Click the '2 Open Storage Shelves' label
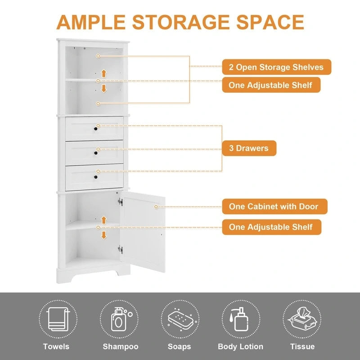coord(276,67)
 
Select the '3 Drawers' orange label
coord(249,148)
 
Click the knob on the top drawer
coord(96,130)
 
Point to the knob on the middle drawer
coord(96,153)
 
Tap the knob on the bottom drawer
coord(96,177)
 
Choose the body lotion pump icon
coord(240,319)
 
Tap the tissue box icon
coord(301,319)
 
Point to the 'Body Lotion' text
coord(240,346)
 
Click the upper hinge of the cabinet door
coord(120,202)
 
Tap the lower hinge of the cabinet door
coord(120,248)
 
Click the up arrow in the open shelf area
coord(103,73)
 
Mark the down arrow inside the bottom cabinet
coord(103,234)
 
